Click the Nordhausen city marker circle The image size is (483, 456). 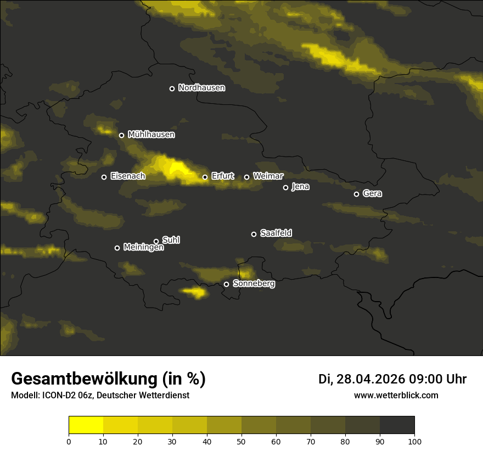(172, 88)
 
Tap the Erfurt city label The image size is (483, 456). (222, 176)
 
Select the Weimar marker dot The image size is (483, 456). (246, 177)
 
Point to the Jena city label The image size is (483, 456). (300, 187)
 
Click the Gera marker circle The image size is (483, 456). (356, 194)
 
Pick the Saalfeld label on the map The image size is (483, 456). (276, 233)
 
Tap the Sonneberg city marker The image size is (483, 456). (226, 284)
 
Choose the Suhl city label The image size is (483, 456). (171, 240)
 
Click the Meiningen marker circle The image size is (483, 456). (117, 248)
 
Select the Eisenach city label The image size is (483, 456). (127, 176)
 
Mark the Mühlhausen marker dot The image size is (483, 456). (121, 135)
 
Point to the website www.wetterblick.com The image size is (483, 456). (396, 396)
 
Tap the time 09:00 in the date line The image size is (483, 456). (426, 379)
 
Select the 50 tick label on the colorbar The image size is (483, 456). (241, 441)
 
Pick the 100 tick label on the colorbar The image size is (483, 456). (414, 441)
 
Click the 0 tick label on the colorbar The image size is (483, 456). (69, 441)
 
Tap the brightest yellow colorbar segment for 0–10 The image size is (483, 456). (86, 425)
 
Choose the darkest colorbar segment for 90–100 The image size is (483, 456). (397, 425)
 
